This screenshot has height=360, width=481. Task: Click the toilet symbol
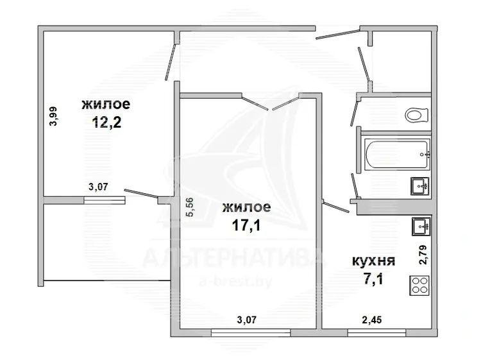(x=416, y=116)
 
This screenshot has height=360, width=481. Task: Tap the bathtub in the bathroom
(x=397, y=154)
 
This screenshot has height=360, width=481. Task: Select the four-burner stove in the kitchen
(x=419, y=285)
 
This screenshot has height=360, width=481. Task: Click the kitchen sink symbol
(x=421, y=227)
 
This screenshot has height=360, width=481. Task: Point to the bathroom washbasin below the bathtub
(x=420, y=186)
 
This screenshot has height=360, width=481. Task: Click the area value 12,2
(x=106, y=123)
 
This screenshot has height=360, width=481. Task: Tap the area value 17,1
(x=246, y=226)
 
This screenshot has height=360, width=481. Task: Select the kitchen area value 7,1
(x=373, y=279)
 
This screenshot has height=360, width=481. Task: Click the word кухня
(x=373, y=261)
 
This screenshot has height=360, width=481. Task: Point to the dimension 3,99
(x=53, y=116)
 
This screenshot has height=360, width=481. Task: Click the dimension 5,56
(x=190, y=207)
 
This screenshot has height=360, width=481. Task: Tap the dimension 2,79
(x=424, y=255)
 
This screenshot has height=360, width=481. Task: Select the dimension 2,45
(x=372, y=320)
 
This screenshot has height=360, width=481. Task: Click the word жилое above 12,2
(x=106, y=105)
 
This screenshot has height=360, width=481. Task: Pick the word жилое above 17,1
(x=247, y=207)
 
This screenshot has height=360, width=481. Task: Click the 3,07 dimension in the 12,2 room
(x=98, y=186)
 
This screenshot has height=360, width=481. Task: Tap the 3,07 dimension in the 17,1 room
(x=247, y=320)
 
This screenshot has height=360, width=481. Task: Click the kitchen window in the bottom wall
(x=376, y=332)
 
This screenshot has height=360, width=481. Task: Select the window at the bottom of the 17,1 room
(x=251, y=332)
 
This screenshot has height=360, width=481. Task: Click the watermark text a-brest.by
(x=235, y=281)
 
